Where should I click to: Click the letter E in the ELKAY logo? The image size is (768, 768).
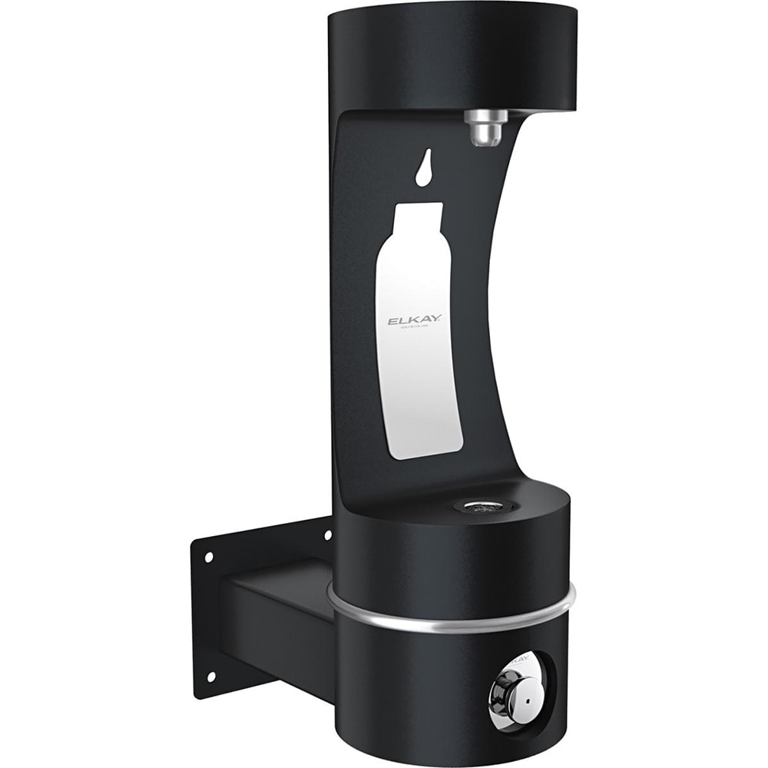click(391, 321)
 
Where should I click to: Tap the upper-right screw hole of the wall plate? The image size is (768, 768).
click(328, 533)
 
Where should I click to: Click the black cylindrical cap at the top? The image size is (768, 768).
click(452, 54)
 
